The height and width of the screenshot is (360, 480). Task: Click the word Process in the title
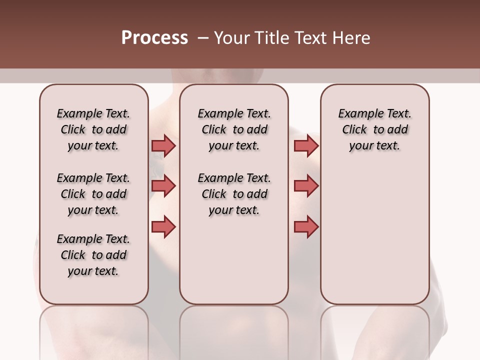pos(154,38)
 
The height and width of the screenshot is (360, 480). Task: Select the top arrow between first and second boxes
pos(163,145)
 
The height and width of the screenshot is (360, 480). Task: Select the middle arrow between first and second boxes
pos(163,186)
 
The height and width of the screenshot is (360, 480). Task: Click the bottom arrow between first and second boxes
pos(163,227)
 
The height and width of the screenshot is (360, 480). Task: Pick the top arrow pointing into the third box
pos(306,145)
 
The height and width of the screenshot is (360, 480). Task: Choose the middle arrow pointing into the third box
pos(306,186)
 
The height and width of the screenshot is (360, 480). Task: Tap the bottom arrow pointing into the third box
pos(306,227)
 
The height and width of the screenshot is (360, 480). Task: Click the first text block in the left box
pos(93,129)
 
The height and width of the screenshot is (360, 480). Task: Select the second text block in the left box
pos(93,194)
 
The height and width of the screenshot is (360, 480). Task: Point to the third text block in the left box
pos(93,255)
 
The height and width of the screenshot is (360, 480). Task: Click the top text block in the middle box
pos(234,129)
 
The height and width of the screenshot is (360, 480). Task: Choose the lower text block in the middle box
pos(234,194)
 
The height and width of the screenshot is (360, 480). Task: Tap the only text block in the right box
pos(374,129)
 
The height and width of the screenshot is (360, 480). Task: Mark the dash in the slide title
pos(202,38)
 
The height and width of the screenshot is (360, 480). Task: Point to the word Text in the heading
pos(307,38)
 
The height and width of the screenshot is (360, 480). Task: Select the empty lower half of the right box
pos(374,240)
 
